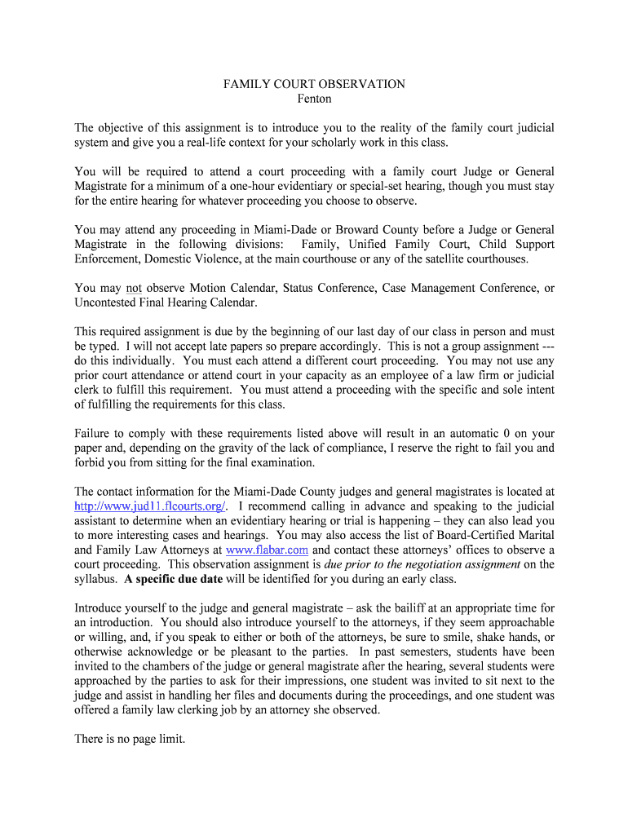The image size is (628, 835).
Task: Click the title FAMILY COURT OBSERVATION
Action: [x=314, y=84]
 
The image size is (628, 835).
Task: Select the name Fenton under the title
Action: [x=314, y=99]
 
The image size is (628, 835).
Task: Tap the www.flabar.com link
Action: [x=267, y=550]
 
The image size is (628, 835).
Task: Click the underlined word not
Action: [x=133, y=288]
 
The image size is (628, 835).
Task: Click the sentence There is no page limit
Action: [x=130, y=740]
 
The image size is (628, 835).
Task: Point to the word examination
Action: [x=276, y=462]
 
